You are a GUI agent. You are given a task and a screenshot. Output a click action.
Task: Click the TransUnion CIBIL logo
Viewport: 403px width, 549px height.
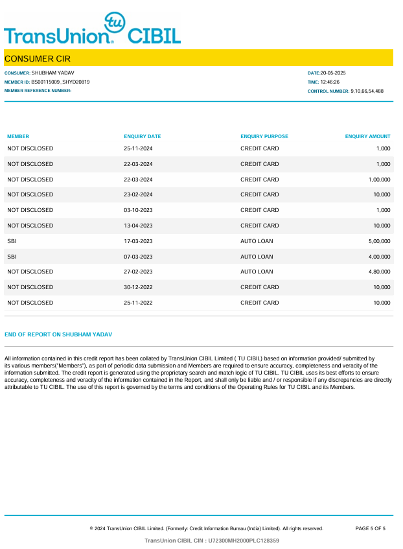coord(92,30)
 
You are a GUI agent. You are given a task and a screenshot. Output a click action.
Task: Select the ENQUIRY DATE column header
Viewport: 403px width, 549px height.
coord(142,137)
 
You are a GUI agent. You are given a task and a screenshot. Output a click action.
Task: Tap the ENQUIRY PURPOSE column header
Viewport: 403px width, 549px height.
coord(264,137)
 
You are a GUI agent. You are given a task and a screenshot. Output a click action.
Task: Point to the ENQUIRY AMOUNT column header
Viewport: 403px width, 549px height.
coord(367,137)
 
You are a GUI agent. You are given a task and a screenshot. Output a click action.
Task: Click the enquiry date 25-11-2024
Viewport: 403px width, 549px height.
coord(138,148)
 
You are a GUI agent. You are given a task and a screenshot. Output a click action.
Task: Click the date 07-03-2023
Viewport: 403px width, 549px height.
coord(138,257)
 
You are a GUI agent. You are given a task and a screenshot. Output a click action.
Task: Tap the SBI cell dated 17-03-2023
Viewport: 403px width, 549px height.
coord(12,241)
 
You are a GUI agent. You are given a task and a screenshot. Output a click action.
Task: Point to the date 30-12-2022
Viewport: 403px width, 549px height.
coord(138,287)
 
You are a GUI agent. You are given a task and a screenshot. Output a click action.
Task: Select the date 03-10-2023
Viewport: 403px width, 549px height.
coord(138,210)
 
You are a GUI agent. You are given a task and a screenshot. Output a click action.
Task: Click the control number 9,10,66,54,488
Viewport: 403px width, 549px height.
coord(367,91)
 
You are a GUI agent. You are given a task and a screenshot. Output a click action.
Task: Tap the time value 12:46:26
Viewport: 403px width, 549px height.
coord(330,82)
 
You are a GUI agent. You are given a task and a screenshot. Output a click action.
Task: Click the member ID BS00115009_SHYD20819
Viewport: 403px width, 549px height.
coord(60,82)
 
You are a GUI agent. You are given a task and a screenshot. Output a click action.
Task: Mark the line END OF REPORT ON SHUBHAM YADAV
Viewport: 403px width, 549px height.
coord(58,334)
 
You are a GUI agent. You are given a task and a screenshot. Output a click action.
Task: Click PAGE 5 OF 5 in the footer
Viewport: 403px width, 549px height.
coord(371,529)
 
